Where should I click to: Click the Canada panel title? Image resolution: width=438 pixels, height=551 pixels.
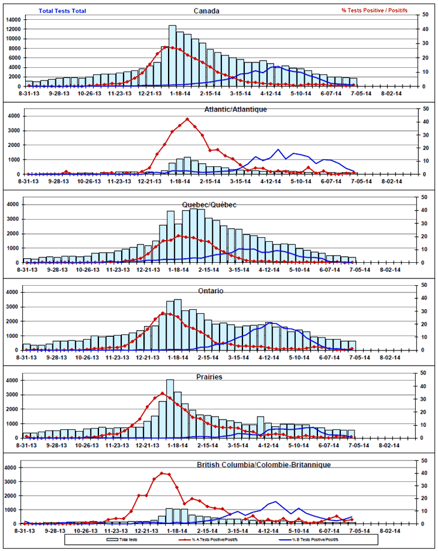coord(206,11)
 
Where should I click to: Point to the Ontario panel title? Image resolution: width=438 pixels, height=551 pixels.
coord(210,291)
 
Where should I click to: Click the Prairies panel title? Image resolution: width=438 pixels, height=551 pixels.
coord(209,377)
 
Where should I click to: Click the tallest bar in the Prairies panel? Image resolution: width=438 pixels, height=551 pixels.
coord(170,409)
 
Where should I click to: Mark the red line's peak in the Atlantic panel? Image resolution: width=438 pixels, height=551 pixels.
coord(187,119)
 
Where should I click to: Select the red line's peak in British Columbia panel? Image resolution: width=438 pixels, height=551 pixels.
coord(161,473)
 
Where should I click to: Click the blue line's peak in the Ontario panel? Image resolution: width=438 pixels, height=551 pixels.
coord(271,323)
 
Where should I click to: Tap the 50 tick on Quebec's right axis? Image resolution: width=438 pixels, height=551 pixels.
coord(424,197)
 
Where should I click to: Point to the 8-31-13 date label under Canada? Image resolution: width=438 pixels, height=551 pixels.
coord(28,93)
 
